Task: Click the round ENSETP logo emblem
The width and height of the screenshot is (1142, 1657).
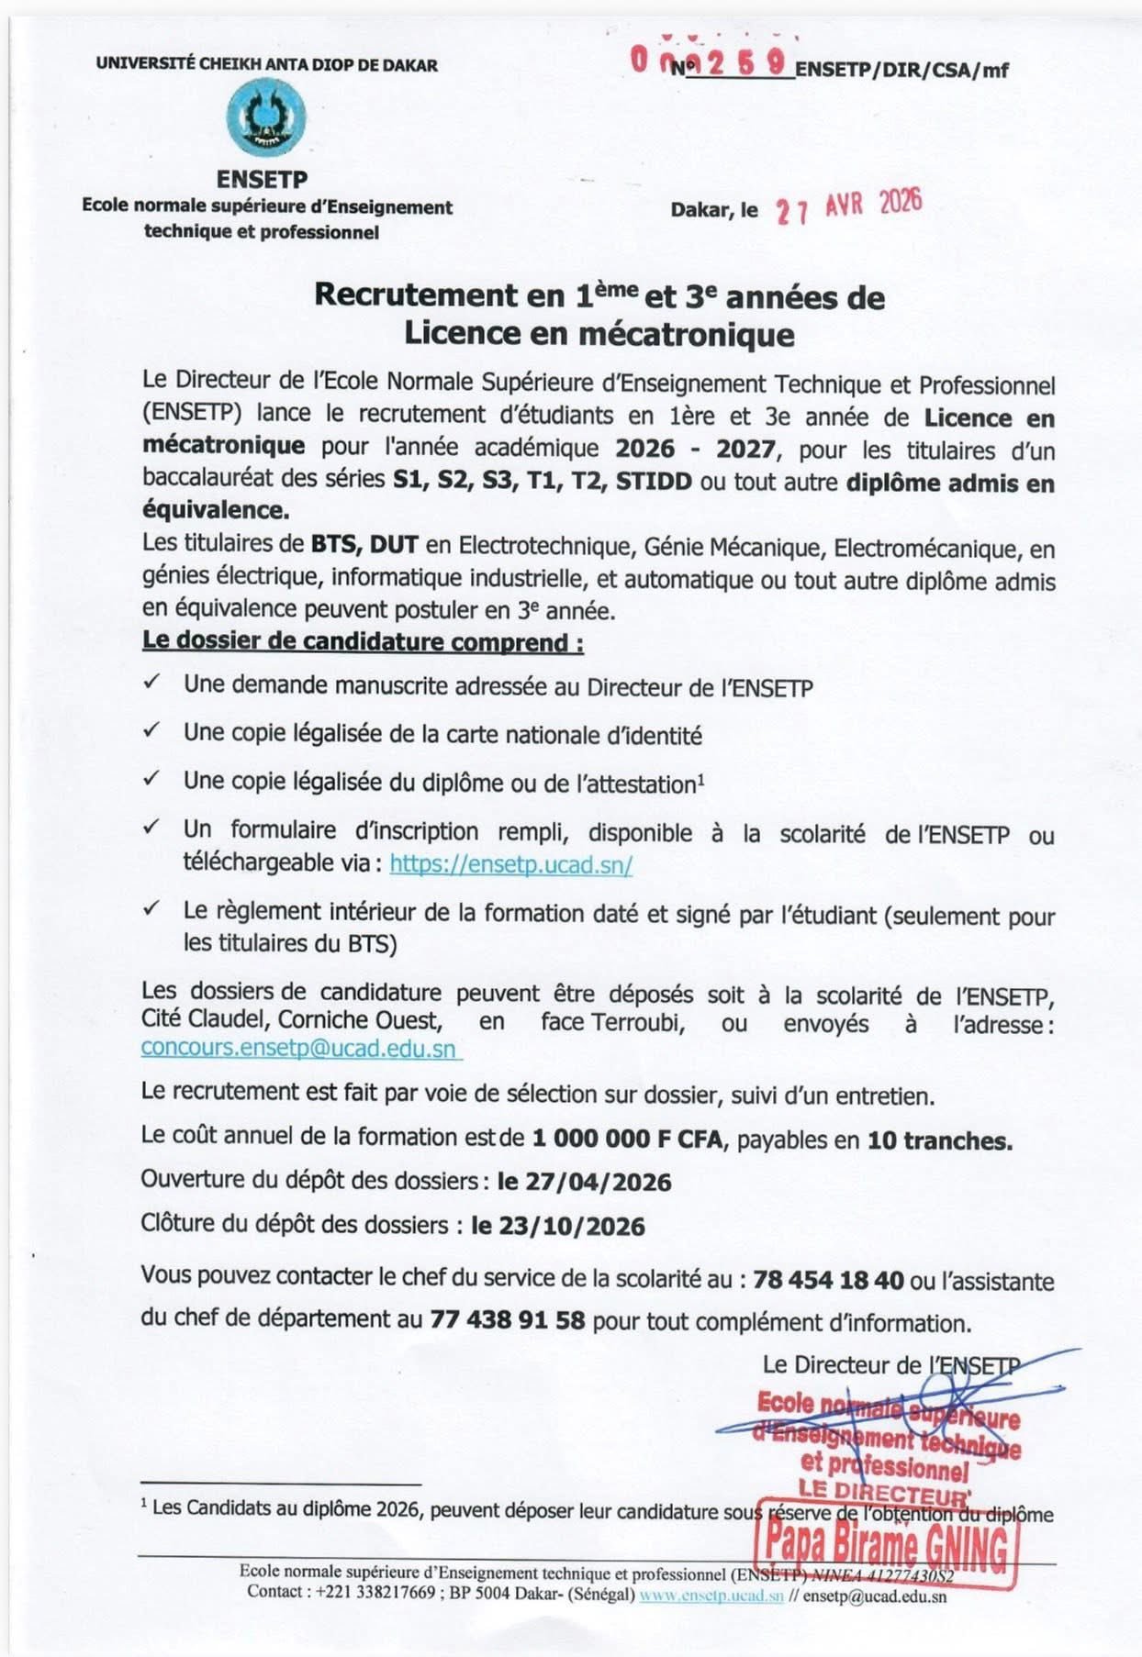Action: click(266, 117)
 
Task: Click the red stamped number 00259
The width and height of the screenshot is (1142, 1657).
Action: click(709, 61)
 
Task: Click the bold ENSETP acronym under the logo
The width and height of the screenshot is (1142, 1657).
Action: click(262, 180)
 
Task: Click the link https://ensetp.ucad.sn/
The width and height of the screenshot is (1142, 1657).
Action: click(510, 863)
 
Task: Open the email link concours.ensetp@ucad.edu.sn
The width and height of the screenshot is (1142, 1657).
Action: click(298, 1049)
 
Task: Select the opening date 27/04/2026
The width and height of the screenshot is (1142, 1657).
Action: click(584, 1182)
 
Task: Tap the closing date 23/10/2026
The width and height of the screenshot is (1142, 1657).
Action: click(557, 1226)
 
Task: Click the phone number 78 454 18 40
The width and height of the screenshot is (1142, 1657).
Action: click(828, 1280)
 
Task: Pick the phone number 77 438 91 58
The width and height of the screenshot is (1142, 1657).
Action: click(507, 1321)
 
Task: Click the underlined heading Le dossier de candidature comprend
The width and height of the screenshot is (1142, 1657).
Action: click(363, 641)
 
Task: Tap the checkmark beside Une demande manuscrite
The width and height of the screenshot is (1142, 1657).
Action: click(152, 683)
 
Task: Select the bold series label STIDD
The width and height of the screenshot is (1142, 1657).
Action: click(654, 481)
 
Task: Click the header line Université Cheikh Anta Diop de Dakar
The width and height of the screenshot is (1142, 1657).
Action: click(266, 65)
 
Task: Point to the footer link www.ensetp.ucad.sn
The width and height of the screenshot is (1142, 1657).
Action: click(711, 1596)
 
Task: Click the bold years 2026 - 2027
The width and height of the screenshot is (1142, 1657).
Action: click(695, 449)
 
